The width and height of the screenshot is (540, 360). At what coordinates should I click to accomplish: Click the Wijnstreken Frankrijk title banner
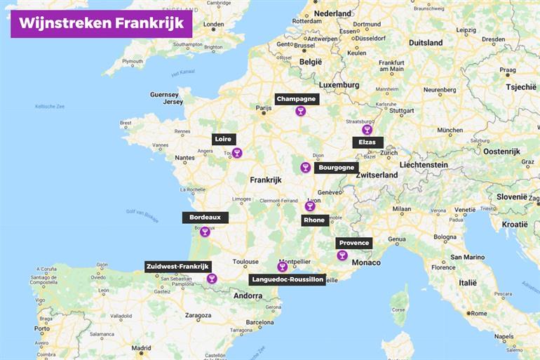pyautogui.click(x=101, y=22)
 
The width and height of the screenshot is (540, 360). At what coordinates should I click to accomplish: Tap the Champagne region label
pyautogui.click(x=296, y=99)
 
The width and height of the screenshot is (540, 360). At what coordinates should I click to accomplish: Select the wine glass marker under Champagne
pyautogui.click(x=300, y=111)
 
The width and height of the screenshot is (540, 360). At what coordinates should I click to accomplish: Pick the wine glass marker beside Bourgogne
pyautogui.click(x=305, y=167)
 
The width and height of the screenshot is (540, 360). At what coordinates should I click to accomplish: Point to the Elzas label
pyautogui.click(x=367, y=142)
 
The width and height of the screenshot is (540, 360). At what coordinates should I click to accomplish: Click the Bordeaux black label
pyautogui.click(x=205, y=217)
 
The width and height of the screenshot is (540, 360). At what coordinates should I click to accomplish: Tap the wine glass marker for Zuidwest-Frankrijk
pyautogui.click(x=212, y=279)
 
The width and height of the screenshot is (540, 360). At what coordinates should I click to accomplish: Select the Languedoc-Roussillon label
pyautogui.click(x=287, y=279)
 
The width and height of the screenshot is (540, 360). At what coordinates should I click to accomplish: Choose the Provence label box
pyautogui.click(x=353, y=243)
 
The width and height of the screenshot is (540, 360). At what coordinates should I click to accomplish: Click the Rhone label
pyautogui.click(x=314, y=220)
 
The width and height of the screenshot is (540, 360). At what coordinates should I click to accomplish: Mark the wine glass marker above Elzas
pyautogui.click(x=366, y=130)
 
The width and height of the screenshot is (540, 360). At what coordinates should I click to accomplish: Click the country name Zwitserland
pyautogui.click(x=377, y=175)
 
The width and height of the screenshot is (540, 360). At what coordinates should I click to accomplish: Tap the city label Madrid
pyautogui.click(x=141, y=347)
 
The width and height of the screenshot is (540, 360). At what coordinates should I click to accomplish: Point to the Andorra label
pyautogui.click(x=248, y=295)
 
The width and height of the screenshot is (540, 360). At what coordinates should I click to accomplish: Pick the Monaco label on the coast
pyautogui.click(x=365, y=262)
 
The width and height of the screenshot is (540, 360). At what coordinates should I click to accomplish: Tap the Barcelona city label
pyautogui.click(x=259, y=323)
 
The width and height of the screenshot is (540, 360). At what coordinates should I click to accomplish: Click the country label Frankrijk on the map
pyautogui.click(x=265, y=180)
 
